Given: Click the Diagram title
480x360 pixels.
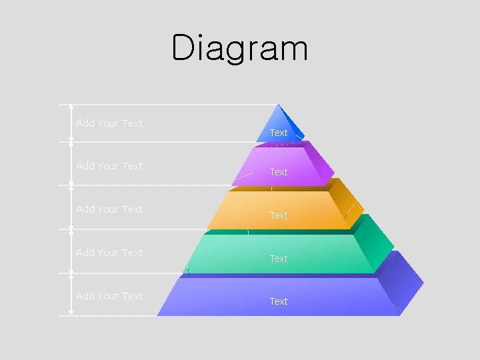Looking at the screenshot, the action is [240, 48].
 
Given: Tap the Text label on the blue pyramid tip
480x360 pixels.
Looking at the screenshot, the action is [279, 133].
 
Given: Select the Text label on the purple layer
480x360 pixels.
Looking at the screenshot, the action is [279, 172].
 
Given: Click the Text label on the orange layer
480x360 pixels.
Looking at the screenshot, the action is [279, 215].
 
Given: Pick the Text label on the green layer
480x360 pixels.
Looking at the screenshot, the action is [279, 259].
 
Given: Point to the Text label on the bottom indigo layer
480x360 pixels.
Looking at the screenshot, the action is [279, 301].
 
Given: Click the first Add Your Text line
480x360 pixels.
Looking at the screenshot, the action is [109, 123].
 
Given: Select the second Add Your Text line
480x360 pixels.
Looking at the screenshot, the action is [109, 166].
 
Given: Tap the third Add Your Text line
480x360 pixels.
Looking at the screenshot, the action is [109, 209].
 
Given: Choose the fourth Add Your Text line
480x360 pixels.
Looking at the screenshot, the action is [109, 253].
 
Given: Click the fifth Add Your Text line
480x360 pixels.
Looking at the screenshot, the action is [109, 296].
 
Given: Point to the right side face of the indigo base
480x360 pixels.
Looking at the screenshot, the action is [403, 283].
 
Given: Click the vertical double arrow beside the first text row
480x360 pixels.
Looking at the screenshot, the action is [71, 123].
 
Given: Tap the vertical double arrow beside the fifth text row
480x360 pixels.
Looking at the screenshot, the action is [71, 295].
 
